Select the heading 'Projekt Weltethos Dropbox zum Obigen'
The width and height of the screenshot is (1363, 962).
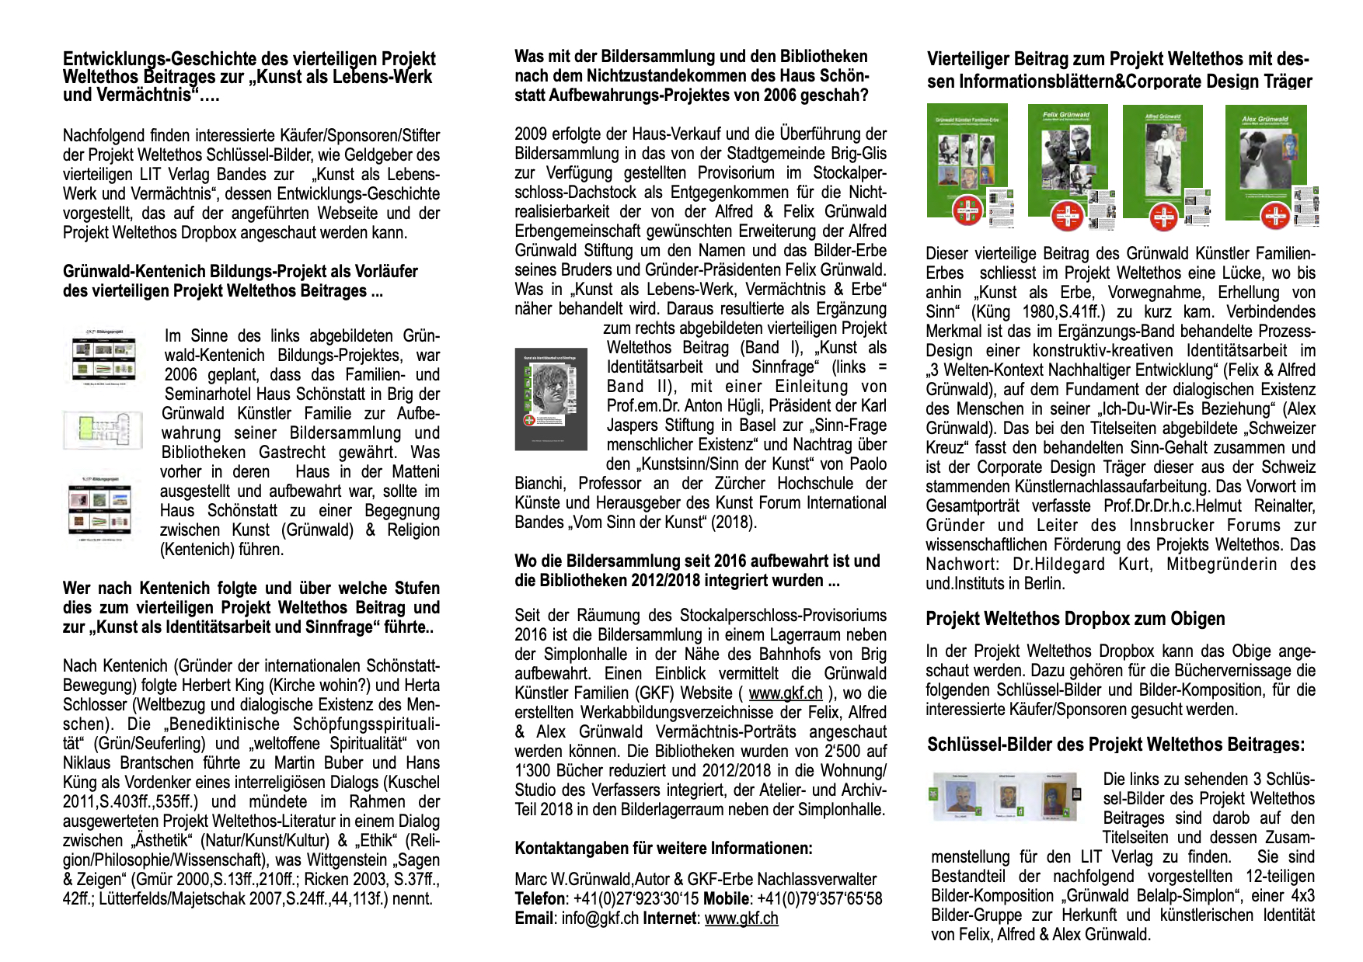(x=1075, y=619)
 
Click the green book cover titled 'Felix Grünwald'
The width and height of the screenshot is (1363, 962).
(x=1066, y=162)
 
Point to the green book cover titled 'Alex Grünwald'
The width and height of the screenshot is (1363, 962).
(x=1264, y=162)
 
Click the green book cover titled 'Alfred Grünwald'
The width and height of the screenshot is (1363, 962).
(x=1163, y=162)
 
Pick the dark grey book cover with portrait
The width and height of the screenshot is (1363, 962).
(x=551, y=399)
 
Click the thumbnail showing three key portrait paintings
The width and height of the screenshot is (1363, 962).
(x=1006, y=796)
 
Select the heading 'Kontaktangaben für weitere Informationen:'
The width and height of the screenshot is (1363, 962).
(x=664, y=848)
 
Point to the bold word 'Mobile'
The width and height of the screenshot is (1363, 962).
(x=727, y=899)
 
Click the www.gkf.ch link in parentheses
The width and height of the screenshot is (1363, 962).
(x=785, y=693)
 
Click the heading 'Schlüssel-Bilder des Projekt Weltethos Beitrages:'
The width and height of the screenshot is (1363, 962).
(x=1116, y=745)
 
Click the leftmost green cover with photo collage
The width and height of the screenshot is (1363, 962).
(x=967, y=162)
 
